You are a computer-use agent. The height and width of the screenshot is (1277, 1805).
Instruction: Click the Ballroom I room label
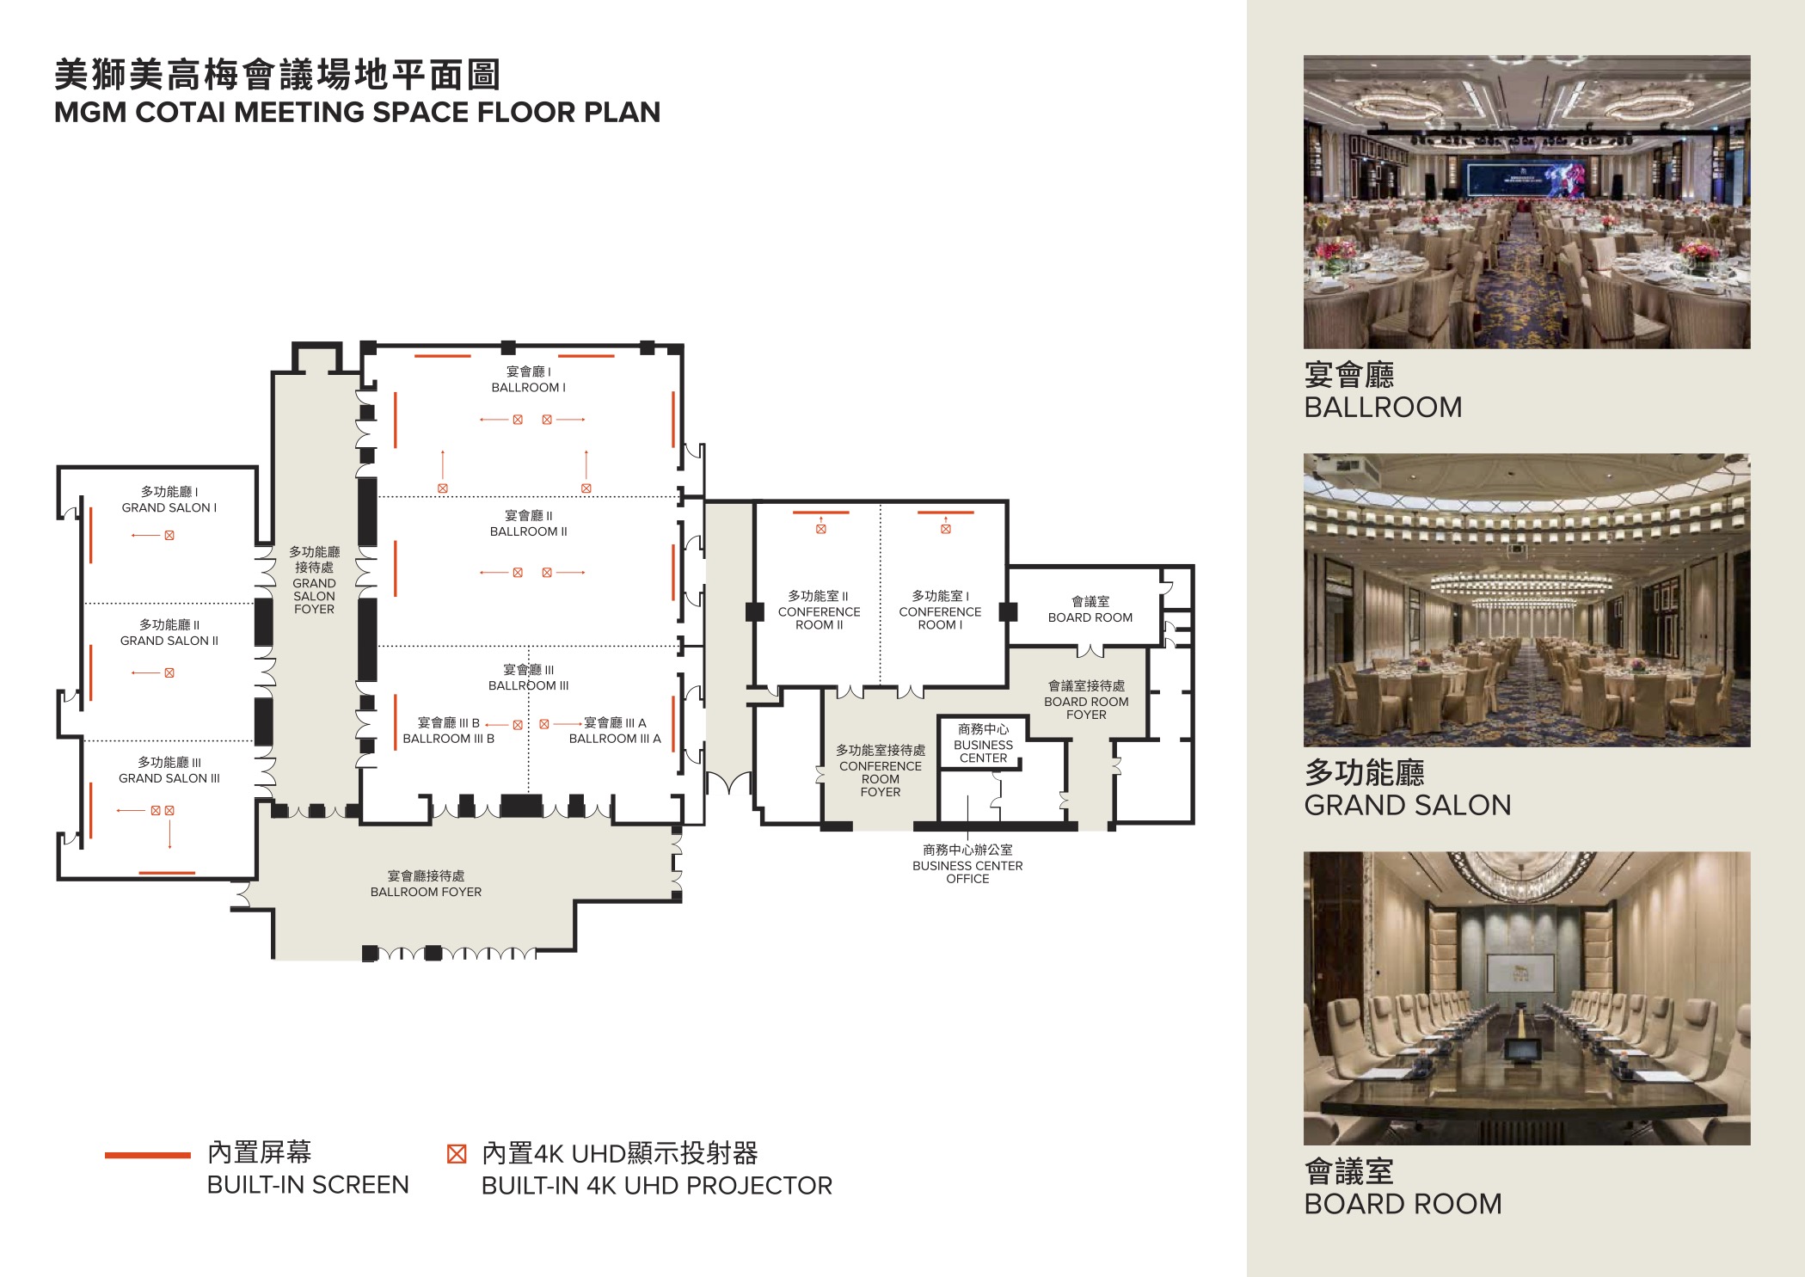pyautogui.click(x=528, y=379)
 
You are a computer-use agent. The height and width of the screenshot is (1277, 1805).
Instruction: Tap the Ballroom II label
pyautogui.click(x=528, y=524)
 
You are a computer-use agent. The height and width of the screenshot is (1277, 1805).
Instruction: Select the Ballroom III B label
pyautogui.click(x=448, y=731)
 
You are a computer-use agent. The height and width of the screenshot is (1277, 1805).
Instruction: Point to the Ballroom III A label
pyautogui.click(x=615, y=731)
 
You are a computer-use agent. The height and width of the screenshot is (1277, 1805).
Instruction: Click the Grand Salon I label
pyautogui.click(x=169, y=500)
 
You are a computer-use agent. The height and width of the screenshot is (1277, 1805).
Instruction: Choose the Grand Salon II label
pyautogui.click(x=169, y=633)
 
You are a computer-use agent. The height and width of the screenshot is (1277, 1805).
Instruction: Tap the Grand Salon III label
pyautogui.click(x=169, y=770)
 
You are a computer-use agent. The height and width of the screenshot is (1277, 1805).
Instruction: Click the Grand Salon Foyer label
pyautogui.click(x=314, y=580)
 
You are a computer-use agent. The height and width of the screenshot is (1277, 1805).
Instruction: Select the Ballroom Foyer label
pyautogui.click(x=426, y=884)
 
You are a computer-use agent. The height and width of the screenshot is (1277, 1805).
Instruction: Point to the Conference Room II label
pyautogui.click(x=819, y=611)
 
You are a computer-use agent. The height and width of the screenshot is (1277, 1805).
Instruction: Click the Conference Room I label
pyautogui.click(x=940, y=611)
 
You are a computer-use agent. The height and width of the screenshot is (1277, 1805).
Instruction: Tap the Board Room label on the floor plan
pyautogui.click(x=1090, y=610)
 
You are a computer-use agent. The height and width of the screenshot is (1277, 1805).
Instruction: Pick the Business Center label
pyautogui.click(x=983, y=744)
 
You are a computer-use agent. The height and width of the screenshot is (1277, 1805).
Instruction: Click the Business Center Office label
pyautogui.click(x=967, y=864)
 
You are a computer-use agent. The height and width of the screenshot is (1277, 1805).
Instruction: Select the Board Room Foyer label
pyautogui.click(x=1086, y=700)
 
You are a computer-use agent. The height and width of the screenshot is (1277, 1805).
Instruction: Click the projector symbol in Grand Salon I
pyautogui.click(x=169, y=536)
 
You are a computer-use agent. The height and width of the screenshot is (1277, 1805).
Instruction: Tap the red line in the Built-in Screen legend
pyautogui.click(x=148, y=1155)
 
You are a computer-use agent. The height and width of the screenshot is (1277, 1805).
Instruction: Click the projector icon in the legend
pyautogui.click(x=457, y=1154)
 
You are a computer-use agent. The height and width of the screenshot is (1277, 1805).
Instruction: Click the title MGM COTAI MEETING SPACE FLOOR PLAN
pyautogui.click(x=357, y=112)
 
